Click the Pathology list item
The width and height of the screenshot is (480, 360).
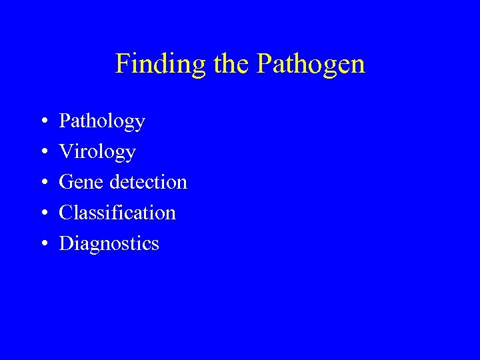click(x=102, y=121)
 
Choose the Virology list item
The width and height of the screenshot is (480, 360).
click(x=97, y=152)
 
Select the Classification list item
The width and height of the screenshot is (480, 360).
click(x=117, y=213)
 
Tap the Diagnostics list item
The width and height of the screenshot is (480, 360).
click(x=109, y=243)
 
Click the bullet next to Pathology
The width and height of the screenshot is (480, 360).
click(x=43, y=122)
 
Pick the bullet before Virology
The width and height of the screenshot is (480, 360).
click(x=43, y=153)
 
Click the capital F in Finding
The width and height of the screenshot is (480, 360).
click(x=122, y=64)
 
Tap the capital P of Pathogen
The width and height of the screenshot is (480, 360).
click(x=263, y=64)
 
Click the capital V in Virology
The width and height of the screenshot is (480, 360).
click(x=66, y=151)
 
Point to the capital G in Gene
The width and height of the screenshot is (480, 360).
click(x=67, y=182)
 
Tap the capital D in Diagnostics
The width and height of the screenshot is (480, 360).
click(x=67, y=243)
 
